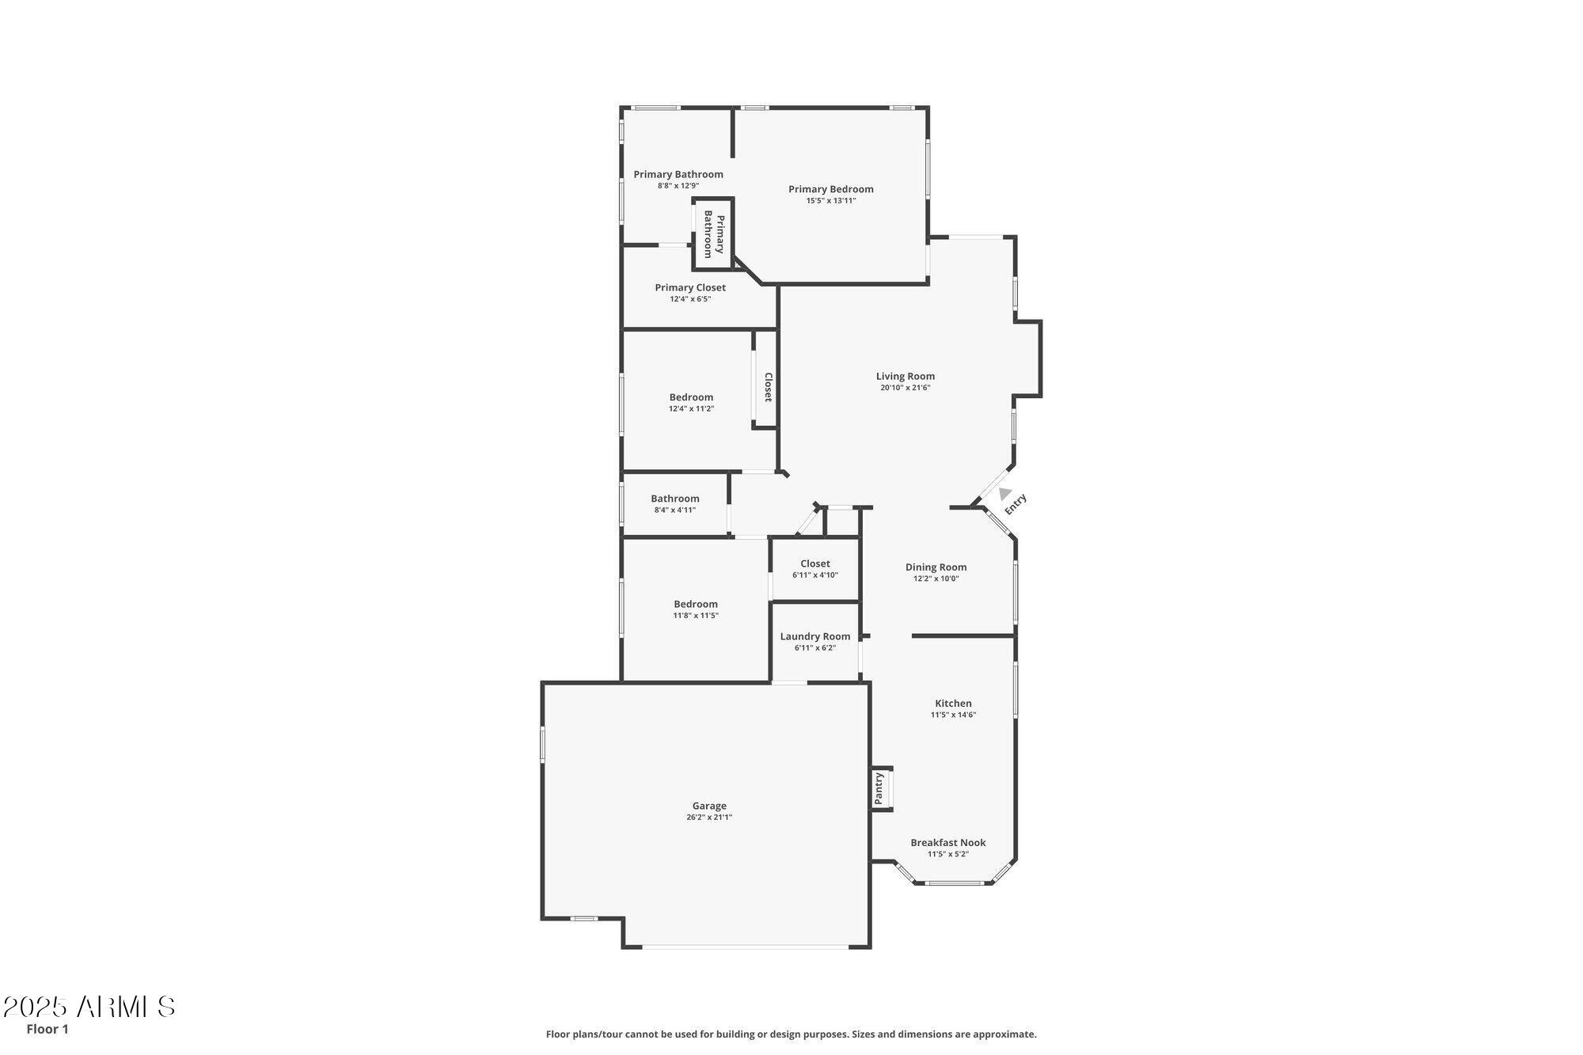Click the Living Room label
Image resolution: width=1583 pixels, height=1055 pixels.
[x=905, y=377]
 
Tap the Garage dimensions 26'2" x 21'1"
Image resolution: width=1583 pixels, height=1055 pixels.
[x=708, y=818]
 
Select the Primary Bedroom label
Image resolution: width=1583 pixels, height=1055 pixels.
[x=830, y=189]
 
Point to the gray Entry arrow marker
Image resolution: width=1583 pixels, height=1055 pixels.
[x=1004, y=494]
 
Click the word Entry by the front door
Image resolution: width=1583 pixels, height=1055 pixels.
[x=1015, y=504]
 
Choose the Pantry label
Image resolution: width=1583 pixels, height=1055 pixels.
[x=879, y=788]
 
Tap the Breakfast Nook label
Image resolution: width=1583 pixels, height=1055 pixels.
[x=947, y=843]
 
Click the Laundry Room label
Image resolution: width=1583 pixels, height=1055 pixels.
[x=814, y=636]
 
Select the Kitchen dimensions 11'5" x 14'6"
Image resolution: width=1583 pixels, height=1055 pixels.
[x=953, y=715]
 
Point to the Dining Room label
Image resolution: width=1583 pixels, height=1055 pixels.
[x=936, y=567]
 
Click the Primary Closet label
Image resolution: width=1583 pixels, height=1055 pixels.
[x=689, y=288]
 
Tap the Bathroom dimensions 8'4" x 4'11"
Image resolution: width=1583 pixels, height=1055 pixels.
[x=674, y=510]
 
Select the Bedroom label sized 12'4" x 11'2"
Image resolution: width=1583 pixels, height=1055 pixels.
[x=691, y=397]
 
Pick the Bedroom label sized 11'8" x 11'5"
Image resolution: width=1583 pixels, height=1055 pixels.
[x=696, y=605]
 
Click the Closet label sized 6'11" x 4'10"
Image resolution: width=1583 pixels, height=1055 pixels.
[x=814, y=564]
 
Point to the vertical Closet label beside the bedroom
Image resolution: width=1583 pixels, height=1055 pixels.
[x=767, y=387]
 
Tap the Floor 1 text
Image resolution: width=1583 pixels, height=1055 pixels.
[x=47, y=1029]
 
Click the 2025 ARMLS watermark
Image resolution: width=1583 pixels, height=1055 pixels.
[x=89, y=1008]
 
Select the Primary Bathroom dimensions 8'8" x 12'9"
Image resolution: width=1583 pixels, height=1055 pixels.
[x=678, y=186]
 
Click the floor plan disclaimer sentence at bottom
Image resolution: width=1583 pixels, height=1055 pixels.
[x=791, y=1034]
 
